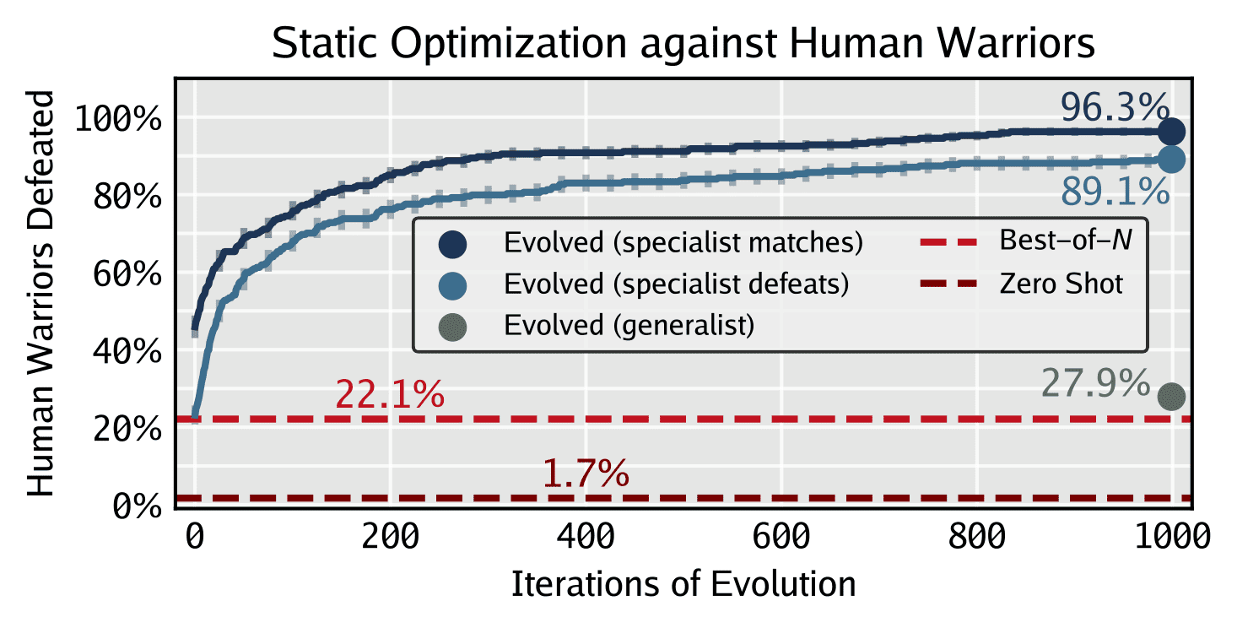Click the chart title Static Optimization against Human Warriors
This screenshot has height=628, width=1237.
(x=683, y=44)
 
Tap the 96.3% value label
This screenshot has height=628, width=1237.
(x=1115, y=107)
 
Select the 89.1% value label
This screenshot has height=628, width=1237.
(x=1115, y=194)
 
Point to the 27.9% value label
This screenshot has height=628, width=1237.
(x=1095, y=384)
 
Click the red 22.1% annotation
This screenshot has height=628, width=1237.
(x=390, y=394)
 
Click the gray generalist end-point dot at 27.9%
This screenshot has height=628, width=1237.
(x=1171, y=397)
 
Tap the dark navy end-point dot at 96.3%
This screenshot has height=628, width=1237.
(x=1171, y=132)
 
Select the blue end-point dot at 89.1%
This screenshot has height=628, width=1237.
(x=1171, y=159)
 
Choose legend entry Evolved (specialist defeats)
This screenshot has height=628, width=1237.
(x=676, y=284)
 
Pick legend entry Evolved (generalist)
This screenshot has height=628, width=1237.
(x=629, y=325)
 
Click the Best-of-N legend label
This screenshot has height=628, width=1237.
(x=1065, y=241)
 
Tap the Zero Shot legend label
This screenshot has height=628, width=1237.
(x=1061, y=283)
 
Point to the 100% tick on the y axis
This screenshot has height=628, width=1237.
(x=118, y=119)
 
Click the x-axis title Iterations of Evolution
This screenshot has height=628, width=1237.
(x=683, y=584)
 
